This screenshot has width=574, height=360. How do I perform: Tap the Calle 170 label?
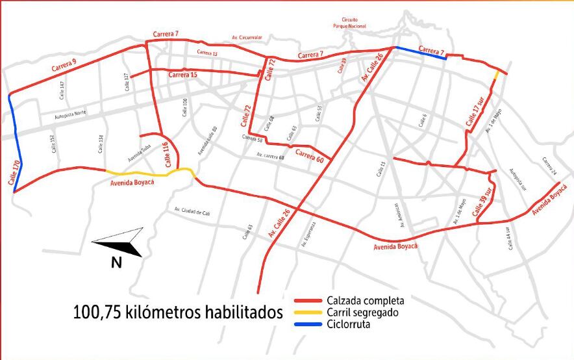tap(15, 174)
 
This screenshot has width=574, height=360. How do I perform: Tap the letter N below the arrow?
tap(116, 263)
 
